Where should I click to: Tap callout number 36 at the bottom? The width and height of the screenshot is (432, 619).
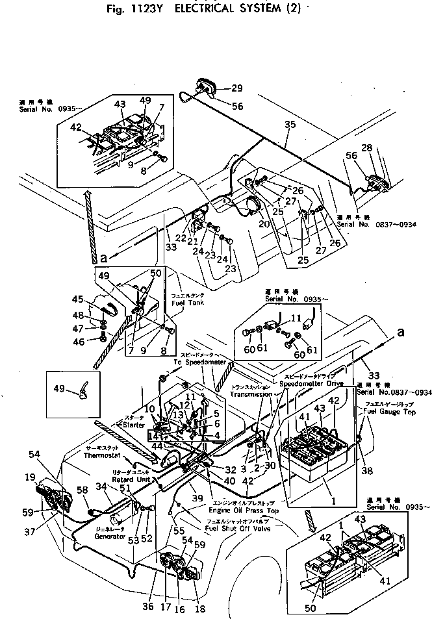(149, 607)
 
